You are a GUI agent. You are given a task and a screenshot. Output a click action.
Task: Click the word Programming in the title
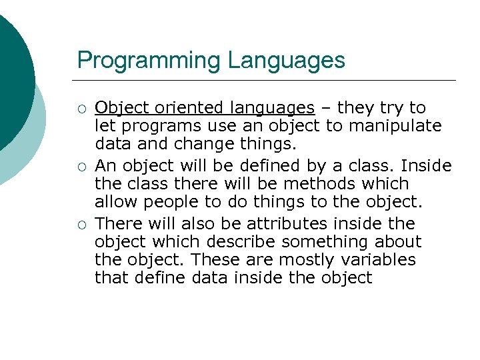(149, 61)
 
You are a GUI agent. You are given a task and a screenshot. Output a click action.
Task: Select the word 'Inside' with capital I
(428, 165)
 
